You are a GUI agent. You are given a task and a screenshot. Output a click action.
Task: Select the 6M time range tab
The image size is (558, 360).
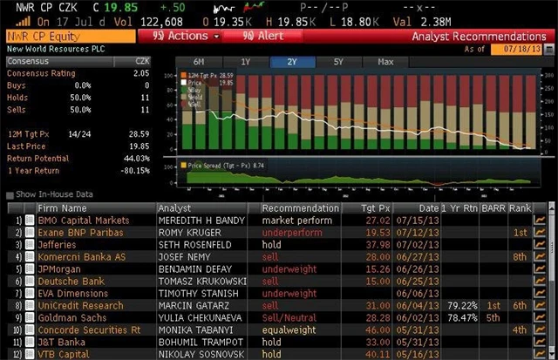pyautogui.click(x=200, y=62)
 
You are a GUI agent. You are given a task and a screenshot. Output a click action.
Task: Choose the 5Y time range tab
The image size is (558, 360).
pyautogui.click(x=337, y=62)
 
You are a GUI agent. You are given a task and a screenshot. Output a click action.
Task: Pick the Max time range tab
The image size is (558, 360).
pyautogui.click(x=384, y=62)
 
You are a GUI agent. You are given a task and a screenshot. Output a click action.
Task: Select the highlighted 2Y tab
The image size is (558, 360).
pyautogui.click(x=291, y=62)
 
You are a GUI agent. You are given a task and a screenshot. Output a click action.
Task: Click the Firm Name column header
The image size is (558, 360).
pyautogui.click(x=62, y=208)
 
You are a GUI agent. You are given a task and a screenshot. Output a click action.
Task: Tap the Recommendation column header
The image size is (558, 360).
pyautogui.click(x=300, y=208)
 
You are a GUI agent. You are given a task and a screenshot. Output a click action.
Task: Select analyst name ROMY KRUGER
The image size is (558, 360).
pyautogui.click(x=187, y=233)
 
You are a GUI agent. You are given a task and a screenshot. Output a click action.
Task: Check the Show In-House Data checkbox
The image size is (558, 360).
pyautogui.click(x=10, y=194)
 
